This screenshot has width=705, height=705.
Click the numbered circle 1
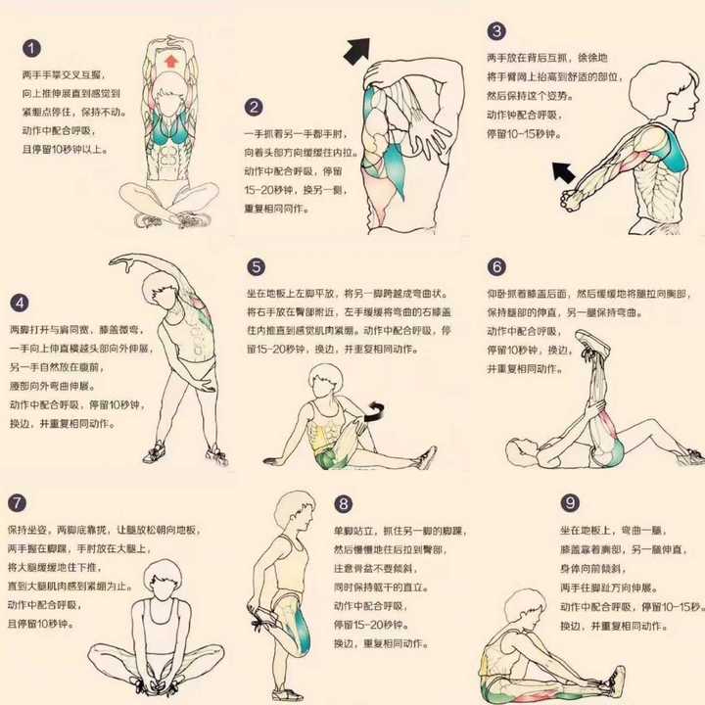pos(32,48)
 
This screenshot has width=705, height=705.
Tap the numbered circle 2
pos(255,108)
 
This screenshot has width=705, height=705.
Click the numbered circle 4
pos(20,303)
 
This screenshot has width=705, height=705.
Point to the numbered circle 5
pos(256,267)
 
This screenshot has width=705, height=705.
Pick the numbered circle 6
pos(497,267)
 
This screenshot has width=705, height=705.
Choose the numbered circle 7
pos(18,503)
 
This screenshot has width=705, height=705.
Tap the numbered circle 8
pos(343,504)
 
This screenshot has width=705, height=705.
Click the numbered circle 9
pos(570,503)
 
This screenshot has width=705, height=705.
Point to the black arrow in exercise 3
pos(563,172)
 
